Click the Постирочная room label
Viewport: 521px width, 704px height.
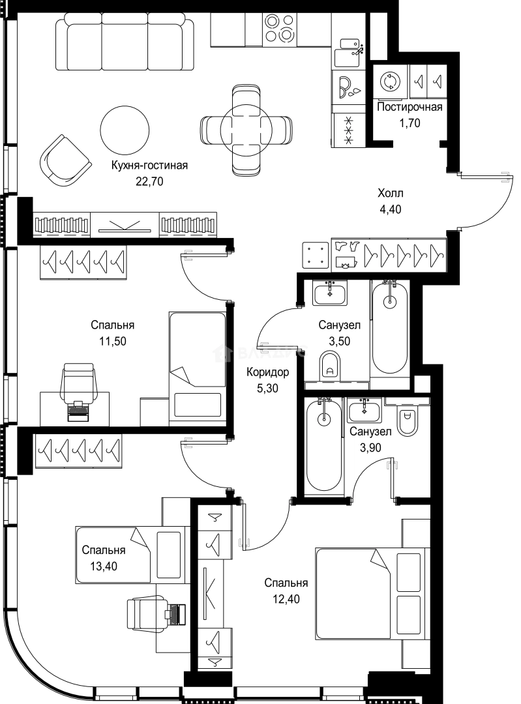(409, 107)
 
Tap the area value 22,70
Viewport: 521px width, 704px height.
(149, 181)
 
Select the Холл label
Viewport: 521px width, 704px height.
(391, 193)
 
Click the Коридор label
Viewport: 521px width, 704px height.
(267, 372)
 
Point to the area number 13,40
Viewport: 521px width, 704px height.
(104, 566)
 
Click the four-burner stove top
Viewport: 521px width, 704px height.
(278, 28)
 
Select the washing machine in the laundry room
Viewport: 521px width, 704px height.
(389, 81)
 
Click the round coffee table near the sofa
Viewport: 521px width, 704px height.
(125, 130)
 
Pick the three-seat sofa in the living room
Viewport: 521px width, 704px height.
(121, 41)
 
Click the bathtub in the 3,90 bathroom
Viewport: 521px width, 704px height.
(323, 447)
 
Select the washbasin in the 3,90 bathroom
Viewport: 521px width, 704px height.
(364, 410)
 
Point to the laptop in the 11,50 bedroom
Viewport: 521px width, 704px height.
(78, 411)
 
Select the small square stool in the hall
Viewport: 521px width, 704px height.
(316, 254)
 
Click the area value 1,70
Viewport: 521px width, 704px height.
(409, 123)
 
